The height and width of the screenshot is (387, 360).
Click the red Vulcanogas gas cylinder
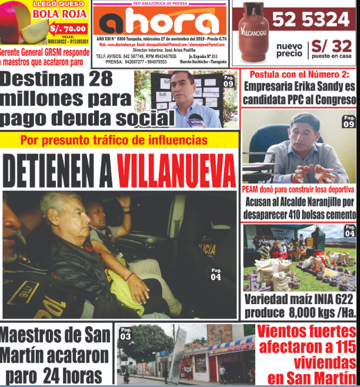252,32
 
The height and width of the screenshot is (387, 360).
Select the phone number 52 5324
311,20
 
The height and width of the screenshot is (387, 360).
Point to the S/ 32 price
331,45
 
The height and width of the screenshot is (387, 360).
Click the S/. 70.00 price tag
68,28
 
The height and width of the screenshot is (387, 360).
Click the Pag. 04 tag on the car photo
216,273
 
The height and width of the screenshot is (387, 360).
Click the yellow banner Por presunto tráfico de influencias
114,140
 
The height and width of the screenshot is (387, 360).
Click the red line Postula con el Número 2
299,75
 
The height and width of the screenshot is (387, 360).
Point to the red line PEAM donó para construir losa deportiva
298,189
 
